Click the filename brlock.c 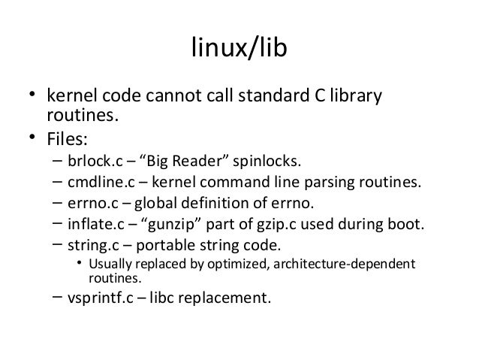(x=91, y=161)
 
